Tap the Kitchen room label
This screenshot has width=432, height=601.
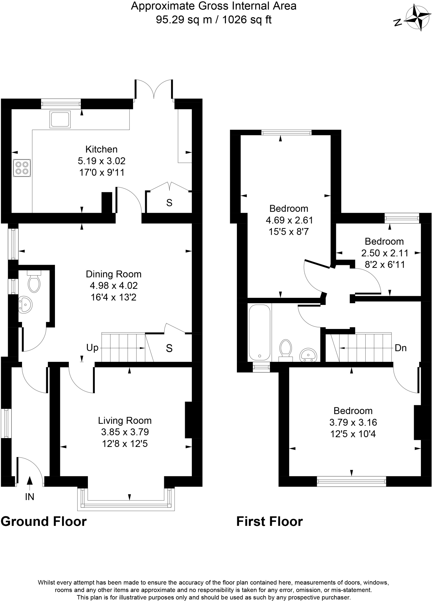click(101, 149)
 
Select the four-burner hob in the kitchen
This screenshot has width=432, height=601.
click(22, 168)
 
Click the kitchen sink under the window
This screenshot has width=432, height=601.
click(60, 119)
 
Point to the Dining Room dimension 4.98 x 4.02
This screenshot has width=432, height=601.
click(114, 286)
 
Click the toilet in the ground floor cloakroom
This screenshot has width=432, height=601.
click(34, 282)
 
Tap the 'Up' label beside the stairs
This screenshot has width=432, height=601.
click(92, 348)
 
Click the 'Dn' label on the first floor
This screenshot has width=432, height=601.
click(401, 348)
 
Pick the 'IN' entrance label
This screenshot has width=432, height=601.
click(30, 497)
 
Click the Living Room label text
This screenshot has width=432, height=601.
click(125, 421)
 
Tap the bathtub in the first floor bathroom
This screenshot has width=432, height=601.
click(259, 332)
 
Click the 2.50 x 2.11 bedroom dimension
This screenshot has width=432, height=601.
click(384, 253)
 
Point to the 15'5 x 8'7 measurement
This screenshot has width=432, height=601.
click(289, 232)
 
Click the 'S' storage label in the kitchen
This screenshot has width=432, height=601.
click(169, 203)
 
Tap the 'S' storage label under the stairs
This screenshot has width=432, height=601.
click(169, 348)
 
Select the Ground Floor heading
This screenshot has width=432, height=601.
click(43, 521)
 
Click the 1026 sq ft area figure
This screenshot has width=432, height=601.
click(247, 20)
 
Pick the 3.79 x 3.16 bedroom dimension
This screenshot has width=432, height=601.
click(353, 422)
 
